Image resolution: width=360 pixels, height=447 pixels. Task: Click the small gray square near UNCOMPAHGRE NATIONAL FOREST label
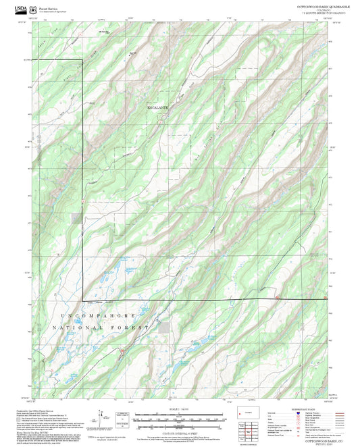coord(165,327)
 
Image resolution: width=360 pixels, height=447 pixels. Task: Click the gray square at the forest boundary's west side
coord(74,218)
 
